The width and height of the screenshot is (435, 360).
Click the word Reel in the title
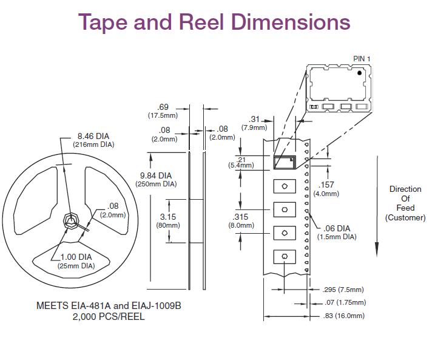click(201, 22)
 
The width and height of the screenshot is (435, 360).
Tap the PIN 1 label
click(362, 58)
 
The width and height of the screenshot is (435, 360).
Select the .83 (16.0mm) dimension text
click(344, 316)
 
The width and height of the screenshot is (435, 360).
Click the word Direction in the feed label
click(405, 189)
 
